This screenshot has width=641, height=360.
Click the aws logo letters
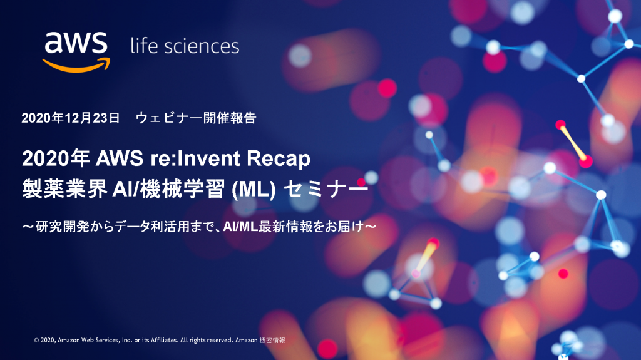pyautogui.click(x=76, y=43)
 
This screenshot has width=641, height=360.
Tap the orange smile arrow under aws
pyautogui.click(x=76, y=65)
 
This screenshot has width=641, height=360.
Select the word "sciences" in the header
pyautogui.click(x=202, y=46)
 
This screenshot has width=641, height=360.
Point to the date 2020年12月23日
pyautogui.click(x=70, y=118)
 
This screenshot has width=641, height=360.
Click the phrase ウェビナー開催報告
pyautogui.click(x=196, y=118)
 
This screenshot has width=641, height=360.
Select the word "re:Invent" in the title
pyautogui.click(x=195, y=158)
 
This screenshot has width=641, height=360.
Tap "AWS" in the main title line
pyautogui.click(x=120, y=158)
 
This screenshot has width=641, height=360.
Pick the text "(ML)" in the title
pyautogui.click(x=254, y=189)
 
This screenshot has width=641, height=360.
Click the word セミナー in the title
pyautogui.click(x=326, y=189)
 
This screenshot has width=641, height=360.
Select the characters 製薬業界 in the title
pyautogui.click(x=65, y=189)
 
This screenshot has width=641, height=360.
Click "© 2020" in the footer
pyautogui.click(x=44, y=340)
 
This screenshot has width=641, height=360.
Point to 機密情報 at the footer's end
pyautogui.click(x=272, y=340)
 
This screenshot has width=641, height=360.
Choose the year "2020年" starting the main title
pyautogui.click(x=56, y=158)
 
